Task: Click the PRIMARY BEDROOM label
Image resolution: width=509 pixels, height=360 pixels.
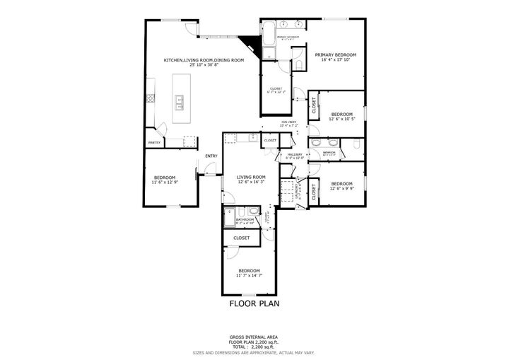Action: [x=335, y=54]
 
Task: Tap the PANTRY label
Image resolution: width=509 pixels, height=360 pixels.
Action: [x=154, y=143]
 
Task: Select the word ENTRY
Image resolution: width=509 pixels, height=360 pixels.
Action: [x=211, y=156]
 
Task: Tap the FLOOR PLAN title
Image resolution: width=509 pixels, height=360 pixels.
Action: [x=255, y=303]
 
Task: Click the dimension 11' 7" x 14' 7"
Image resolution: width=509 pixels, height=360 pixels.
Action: [x=249, y=276]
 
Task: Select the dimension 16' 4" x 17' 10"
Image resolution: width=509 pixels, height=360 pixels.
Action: [x=335, y=61]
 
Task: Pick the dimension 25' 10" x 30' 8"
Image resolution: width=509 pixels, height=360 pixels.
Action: [x=204, y=66]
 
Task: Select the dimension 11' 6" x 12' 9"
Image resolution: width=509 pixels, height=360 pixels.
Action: [x=165, y=182]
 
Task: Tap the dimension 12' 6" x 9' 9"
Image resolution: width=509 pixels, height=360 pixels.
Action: [x=341, y=188]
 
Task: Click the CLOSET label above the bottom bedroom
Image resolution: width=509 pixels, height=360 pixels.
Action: [x=242, y=238]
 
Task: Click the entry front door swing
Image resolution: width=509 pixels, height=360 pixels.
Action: [x=207, y=168]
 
